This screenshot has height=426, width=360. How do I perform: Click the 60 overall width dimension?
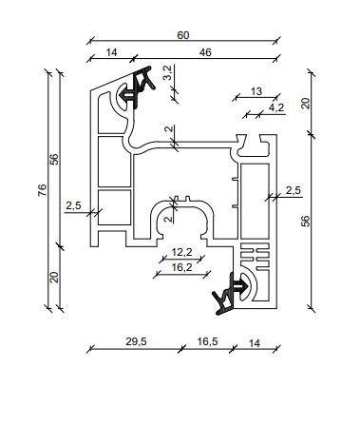183,35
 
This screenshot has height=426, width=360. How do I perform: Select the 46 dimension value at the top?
205,52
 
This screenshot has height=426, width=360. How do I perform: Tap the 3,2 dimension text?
168,72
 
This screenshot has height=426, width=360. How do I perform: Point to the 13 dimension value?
256,91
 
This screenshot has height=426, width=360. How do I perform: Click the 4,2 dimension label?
276,107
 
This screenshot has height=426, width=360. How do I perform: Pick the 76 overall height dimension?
43,190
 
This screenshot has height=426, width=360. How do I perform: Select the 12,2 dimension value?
181,252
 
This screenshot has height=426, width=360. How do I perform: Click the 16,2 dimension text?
181,267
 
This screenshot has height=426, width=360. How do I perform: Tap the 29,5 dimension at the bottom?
136,341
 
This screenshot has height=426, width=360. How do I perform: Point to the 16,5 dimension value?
207,341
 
